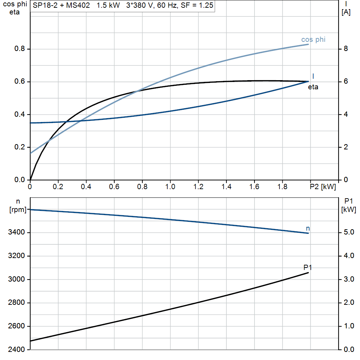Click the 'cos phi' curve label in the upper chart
[313, 39]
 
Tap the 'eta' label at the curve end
[313, 87]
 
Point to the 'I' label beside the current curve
[313, 76]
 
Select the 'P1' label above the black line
[308, 268]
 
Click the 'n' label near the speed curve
[308, 229]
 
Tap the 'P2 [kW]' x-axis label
[323, 187]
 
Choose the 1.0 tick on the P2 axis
[170, 187]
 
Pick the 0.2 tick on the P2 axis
[58, 187]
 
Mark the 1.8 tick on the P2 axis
[283, 187]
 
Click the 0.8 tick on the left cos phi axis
[20, 49]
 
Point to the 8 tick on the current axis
[346, 49]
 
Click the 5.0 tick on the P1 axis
[348, 232]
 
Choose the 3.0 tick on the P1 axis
[348, 279]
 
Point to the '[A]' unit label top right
[346, 12]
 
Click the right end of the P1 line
[308, 272]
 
